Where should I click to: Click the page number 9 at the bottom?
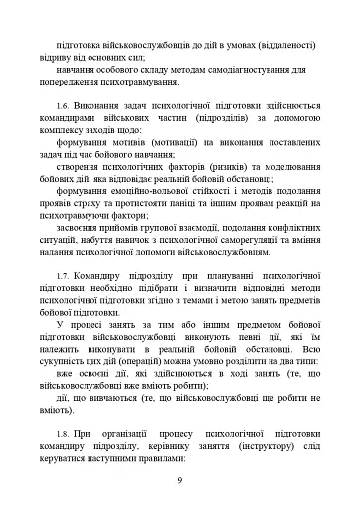point(179,481)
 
